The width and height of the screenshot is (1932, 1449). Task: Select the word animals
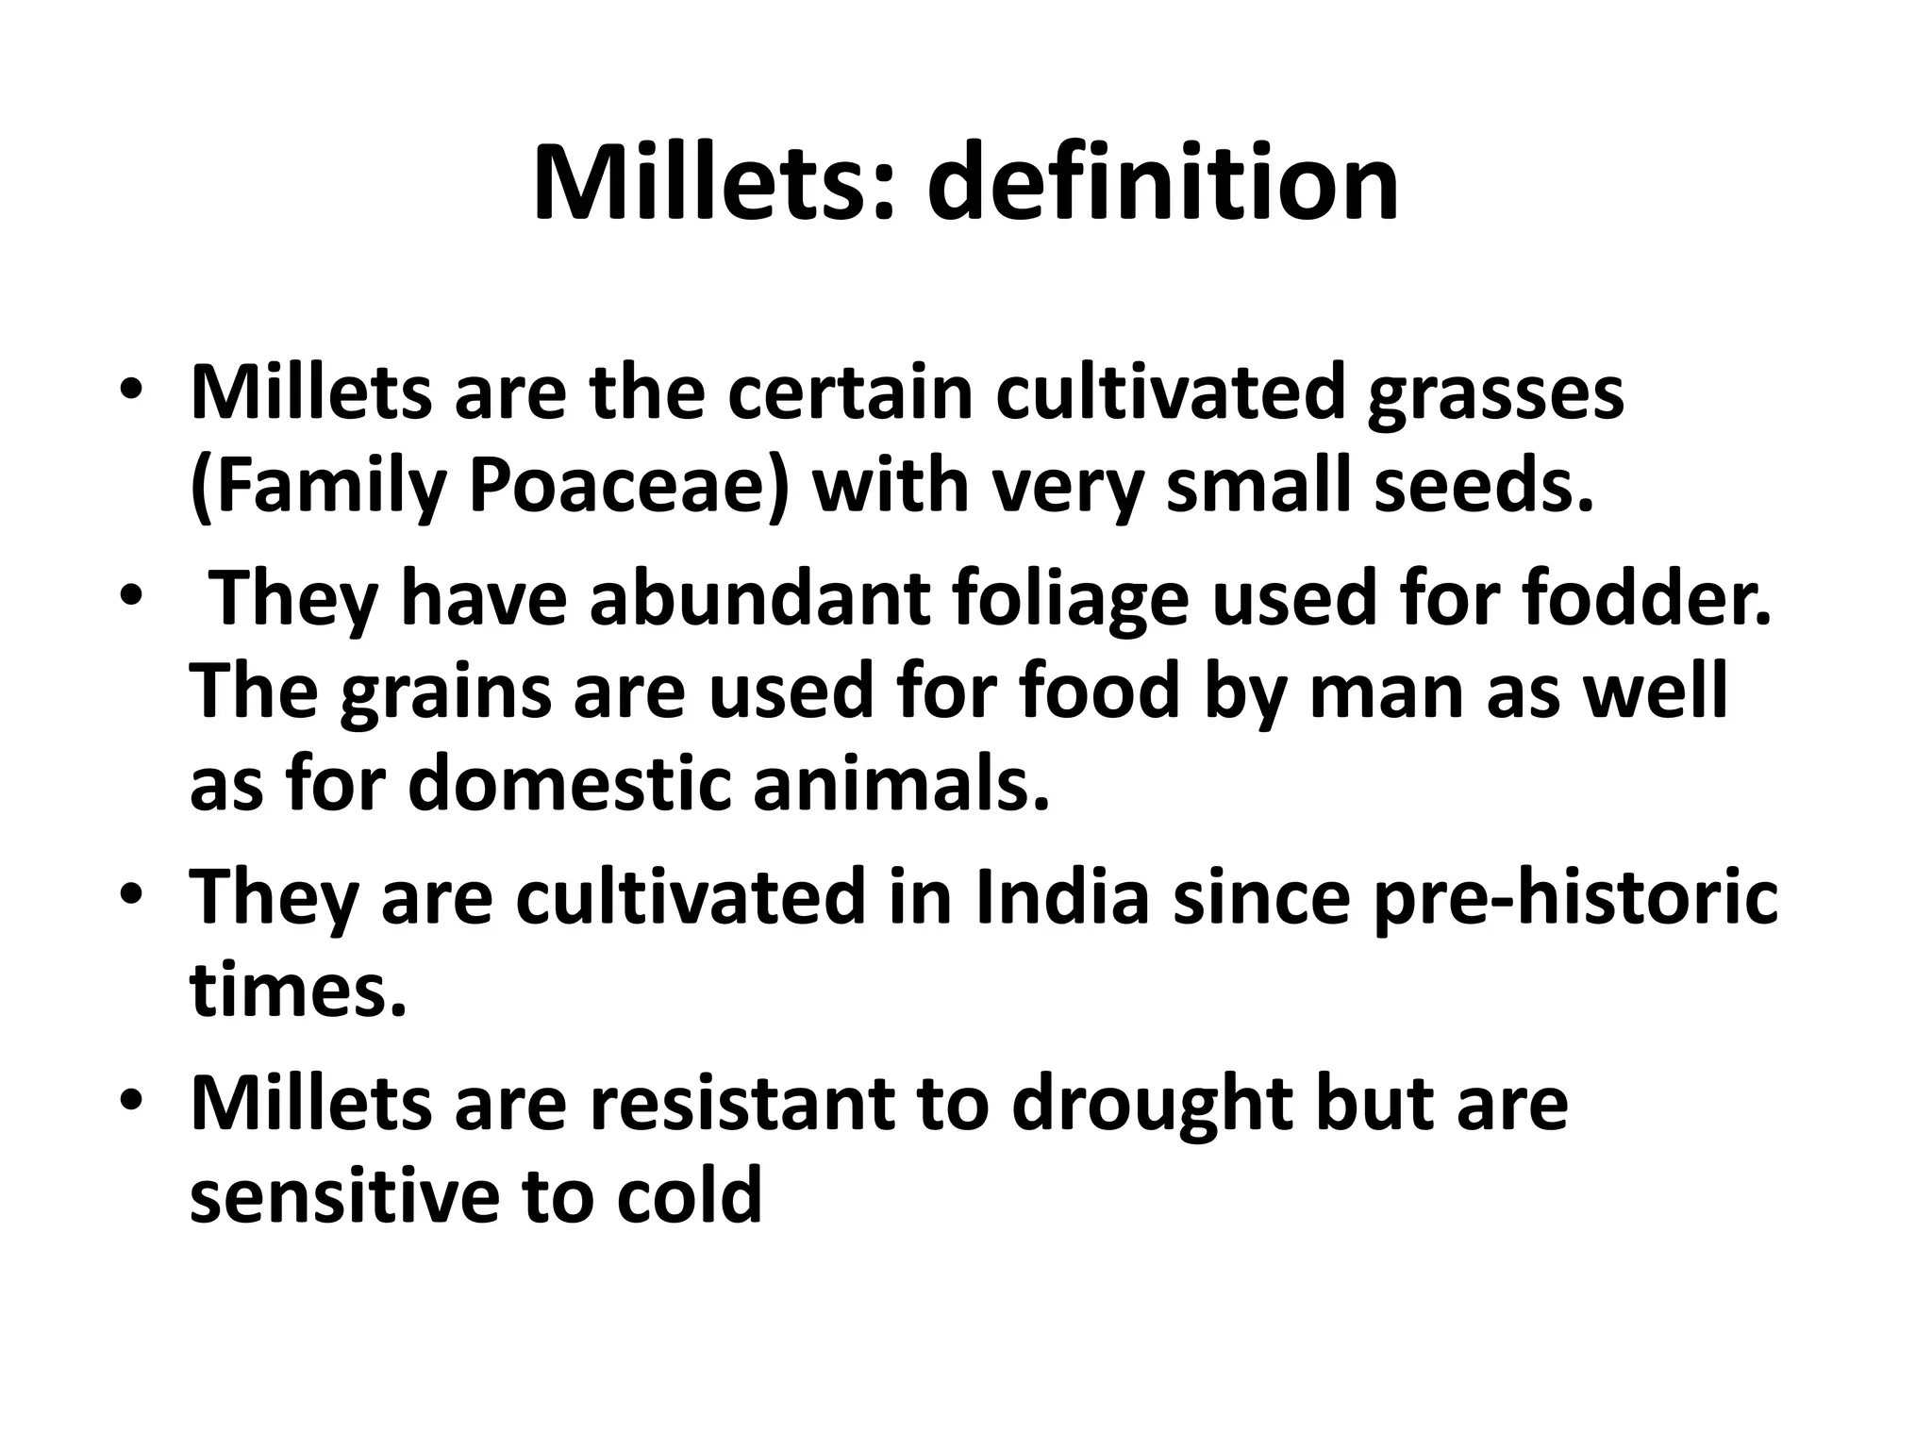901,785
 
